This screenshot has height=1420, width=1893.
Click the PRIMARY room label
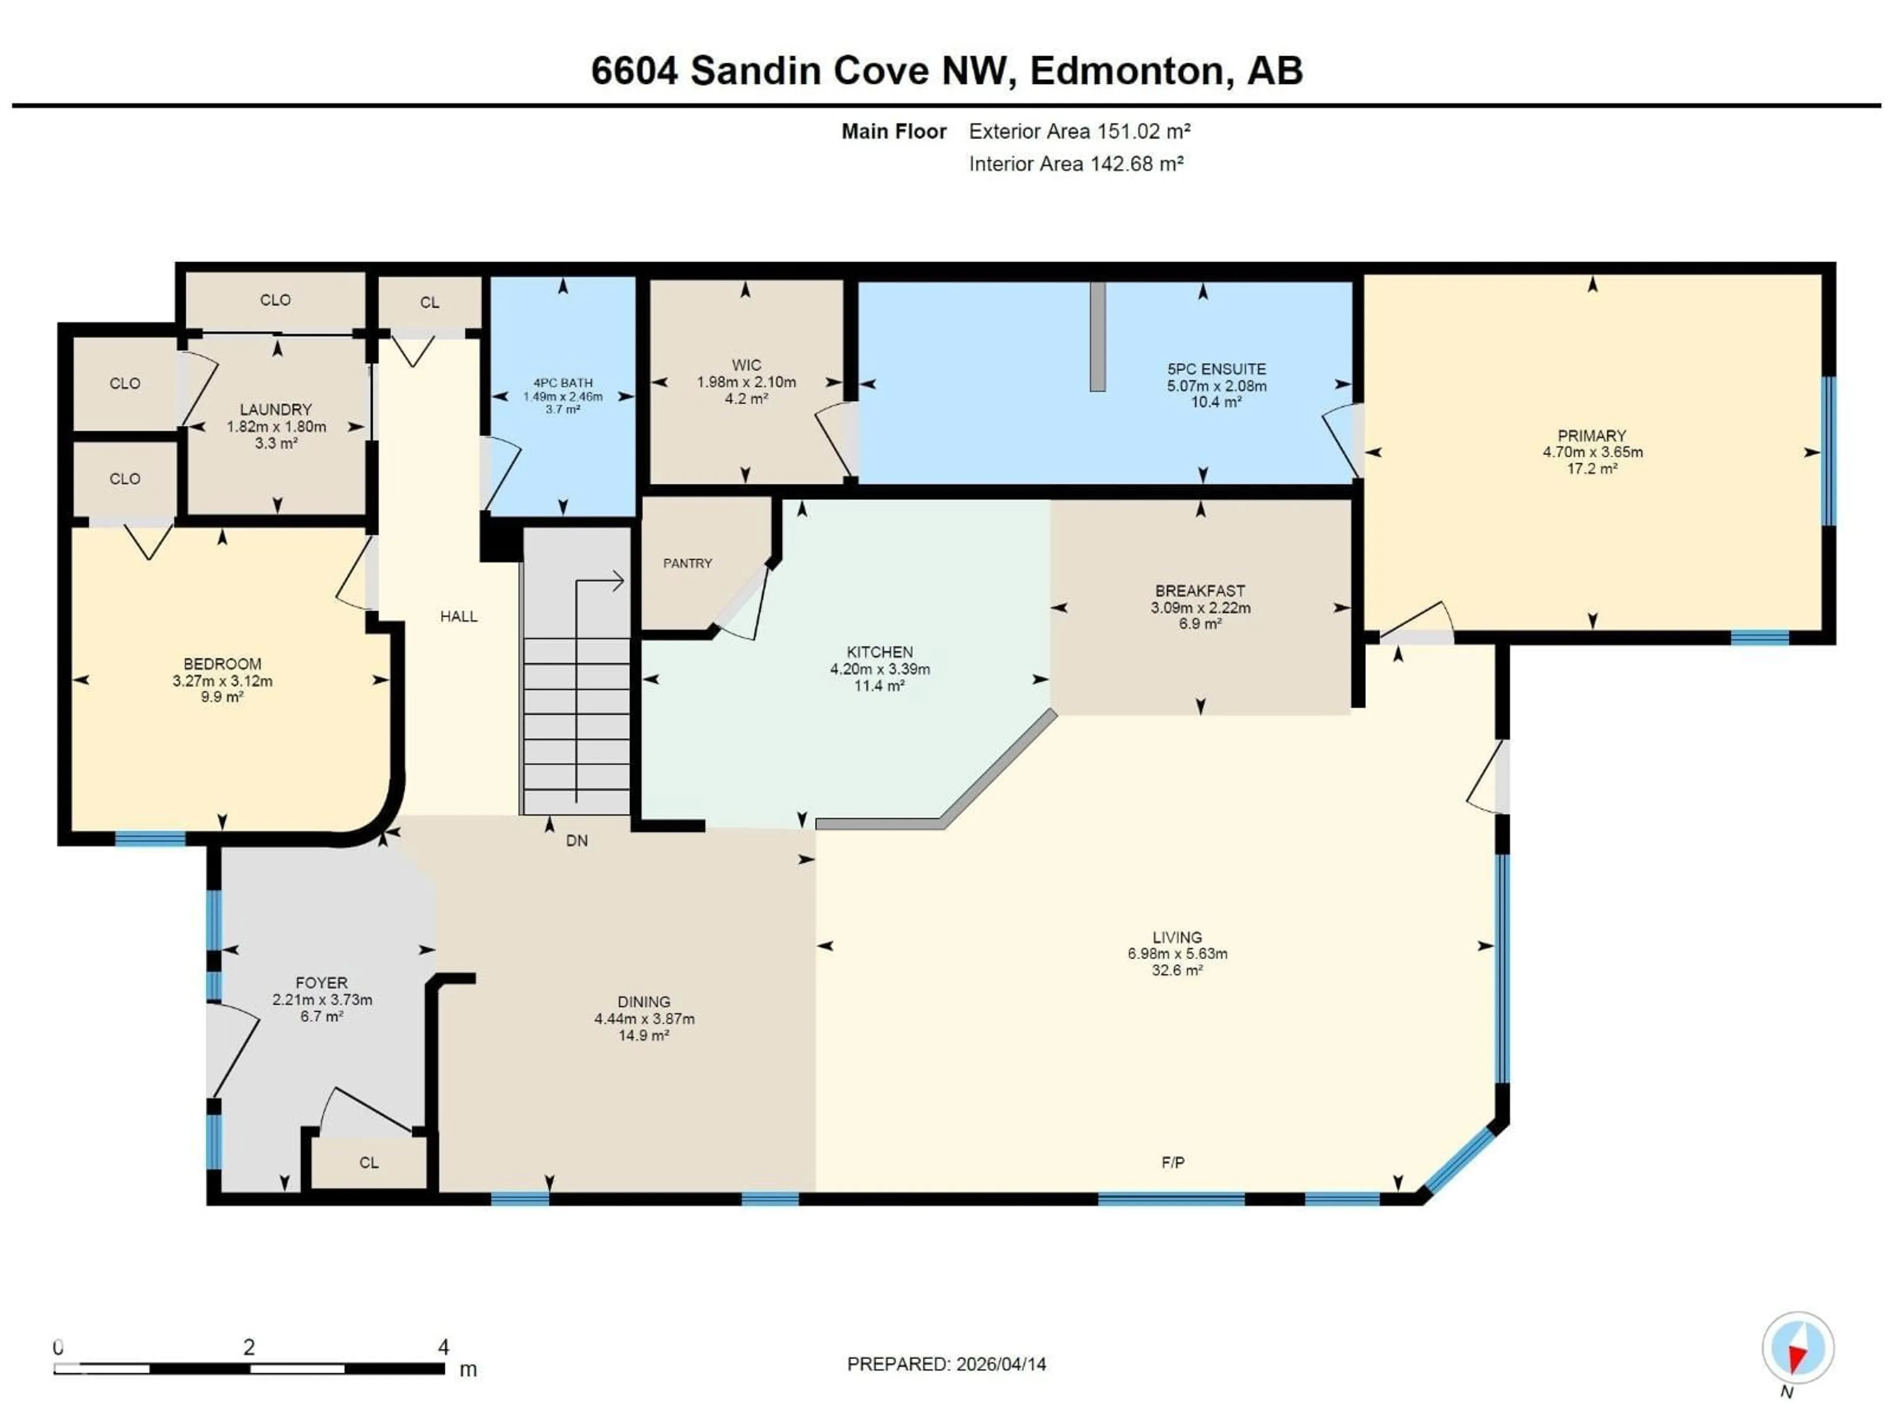pyautogui.click(x=1592, y=436)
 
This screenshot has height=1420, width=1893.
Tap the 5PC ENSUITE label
pyautogui.click(x=1216, y=369)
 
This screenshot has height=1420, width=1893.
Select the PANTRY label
pyautogui.click(x=687, y=563)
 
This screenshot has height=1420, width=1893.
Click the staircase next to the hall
pyautogui.click(x=576, y=685)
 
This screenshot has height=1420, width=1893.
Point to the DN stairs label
pyautogui.click(x=577, y=841)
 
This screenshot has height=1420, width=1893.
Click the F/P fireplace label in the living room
pyautogui.click(x=1172, y=1162)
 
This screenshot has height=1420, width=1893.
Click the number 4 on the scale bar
pyautogui.click(x=443, y=1347)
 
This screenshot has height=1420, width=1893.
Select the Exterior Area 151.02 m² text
pyautogui.click(x=1079, y=131)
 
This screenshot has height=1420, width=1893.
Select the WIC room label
pyautogui.click(x=746, y=365)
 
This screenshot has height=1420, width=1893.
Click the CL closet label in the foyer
pyautogui.click(x=369, y=1162)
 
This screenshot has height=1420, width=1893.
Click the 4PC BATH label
pyautogui.click(x=562, y=383)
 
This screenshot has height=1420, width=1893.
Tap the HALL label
pyautogui.click(x=458, y=616)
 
